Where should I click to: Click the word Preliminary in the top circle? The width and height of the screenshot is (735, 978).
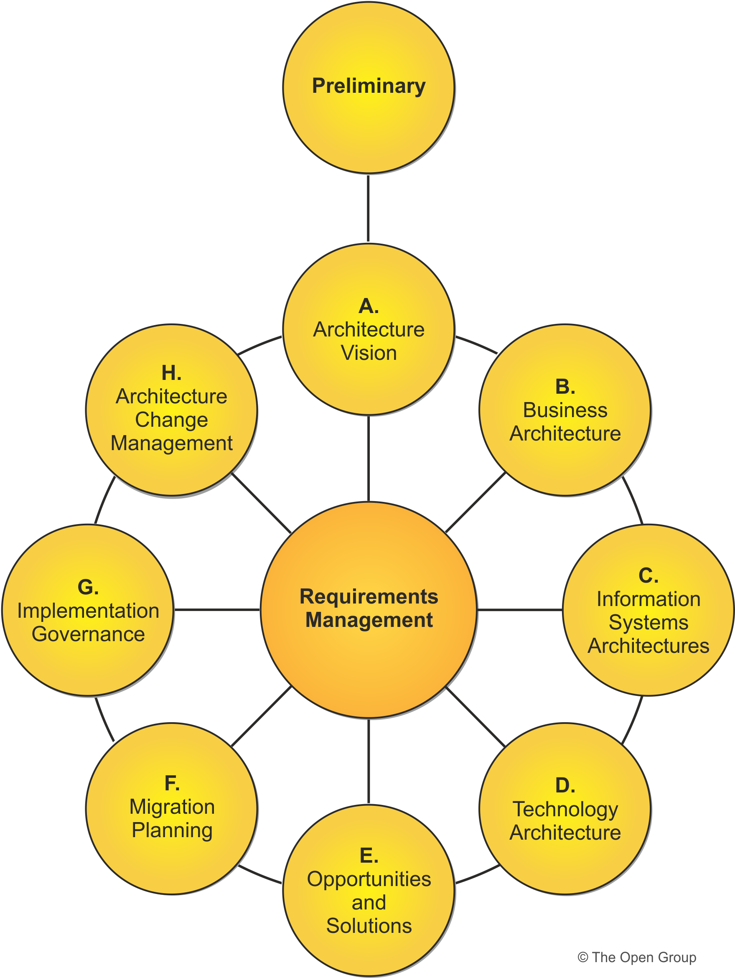(369, 86)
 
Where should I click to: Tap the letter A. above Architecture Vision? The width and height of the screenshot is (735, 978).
(369, 306)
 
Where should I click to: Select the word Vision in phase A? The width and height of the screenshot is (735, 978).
(369, 353)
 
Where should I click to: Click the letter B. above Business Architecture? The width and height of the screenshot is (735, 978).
(565, 387)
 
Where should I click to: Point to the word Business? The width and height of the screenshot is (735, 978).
(565, 410)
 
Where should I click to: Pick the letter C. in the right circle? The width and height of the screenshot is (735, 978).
(649, 576)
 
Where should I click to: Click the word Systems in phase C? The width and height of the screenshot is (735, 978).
(649, 622)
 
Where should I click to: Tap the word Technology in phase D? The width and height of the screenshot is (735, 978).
(565, 810)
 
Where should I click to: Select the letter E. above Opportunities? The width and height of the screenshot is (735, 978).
(369, 856)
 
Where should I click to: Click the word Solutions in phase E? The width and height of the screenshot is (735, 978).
(369, 926)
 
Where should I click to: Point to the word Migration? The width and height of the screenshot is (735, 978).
(172, 807)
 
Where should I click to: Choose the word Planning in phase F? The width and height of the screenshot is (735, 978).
(172, 830)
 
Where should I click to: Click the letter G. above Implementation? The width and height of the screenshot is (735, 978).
(88, 587)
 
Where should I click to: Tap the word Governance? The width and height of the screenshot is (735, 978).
(88, 634)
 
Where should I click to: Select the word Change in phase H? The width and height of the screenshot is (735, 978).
(171, 420)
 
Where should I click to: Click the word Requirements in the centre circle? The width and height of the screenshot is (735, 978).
(369, 596)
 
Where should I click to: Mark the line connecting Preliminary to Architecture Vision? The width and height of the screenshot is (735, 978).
(368, 208)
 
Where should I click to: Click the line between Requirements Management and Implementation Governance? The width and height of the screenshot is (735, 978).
(216, 610)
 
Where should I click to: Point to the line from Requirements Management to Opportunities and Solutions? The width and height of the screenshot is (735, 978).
(369, 761)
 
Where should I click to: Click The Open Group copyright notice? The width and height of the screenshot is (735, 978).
(636, 957)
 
